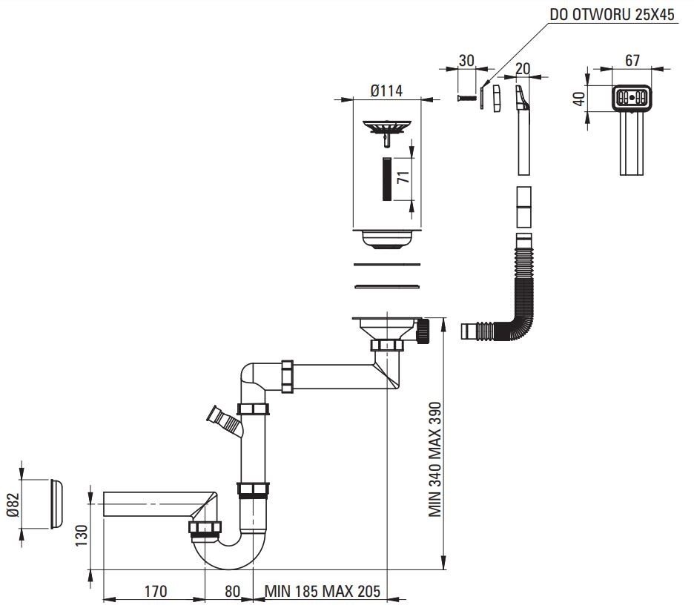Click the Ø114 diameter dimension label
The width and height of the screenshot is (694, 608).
[386, 90]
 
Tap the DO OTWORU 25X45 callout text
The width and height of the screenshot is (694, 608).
[612, 15]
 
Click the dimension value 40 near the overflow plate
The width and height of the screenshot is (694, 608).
[579, 97]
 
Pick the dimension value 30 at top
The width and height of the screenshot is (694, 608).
[466, 61]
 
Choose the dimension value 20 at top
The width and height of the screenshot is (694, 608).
[522, 68]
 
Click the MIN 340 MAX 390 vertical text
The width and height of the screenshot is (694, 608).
[435, 460]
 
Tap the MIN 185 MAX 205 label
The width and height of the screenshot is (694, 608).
[321, 591]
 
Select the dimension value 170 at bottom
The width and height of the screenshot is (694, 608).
[154, 591]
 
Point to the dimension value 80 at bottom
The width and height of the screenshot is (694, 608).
[232, 591]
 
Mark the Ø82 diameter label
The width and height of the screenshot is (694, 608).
[11, 503]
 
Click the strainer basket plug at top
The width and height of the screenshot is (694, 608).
[386, 128]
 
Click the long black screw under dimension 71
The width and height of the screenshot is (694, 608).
[386, 179]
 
